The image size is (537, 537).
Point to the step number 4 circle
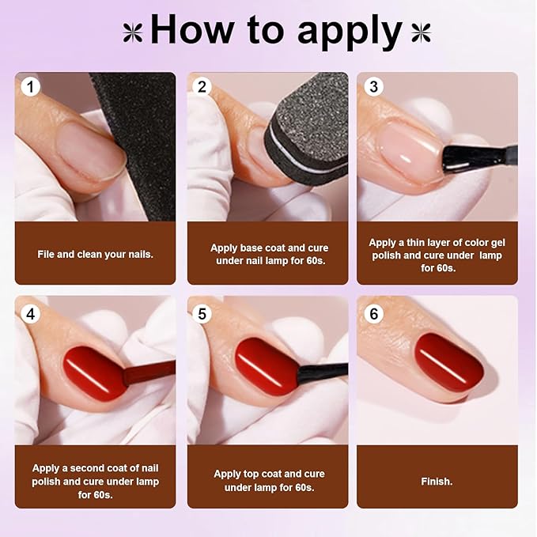pyautogui.click(x=30, y=314)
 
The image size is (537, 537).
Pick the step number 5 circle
pyautogui.click(x=202, y=314)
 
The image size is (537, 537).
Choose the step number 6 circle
pyautogui.click(x=374, y=314)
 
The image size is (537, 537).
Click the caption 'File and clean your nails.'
pyautogui.click(x=95, y=254)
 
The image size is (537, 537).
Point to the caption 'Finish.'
pyautogui.click(x=437, y=481)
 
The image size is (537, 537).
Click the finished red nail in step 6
pyautogui.click(x=448, y=361)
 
